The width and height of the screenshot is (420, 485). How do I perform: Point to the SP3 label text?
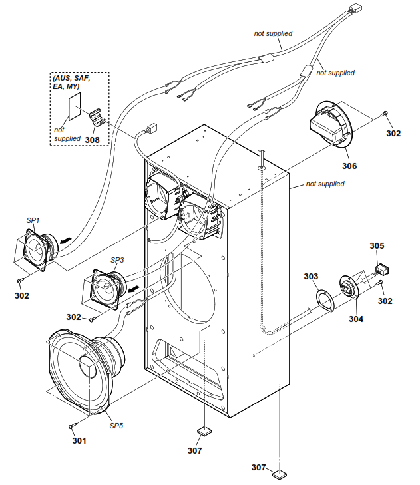tap(117, 259)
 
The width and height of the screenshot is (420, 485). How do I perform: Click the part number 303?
tap(311, 276)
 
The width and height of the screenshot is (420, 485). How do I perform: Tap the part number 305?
tap(377, 246)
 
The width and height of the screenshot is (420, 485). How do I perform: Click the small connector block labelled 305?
tap(383, 269)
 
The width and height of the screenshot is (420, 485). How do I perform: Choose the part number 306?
tap(349, 166)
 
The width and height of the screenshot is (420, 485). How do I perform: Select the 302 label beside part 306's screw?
tap(394, 133)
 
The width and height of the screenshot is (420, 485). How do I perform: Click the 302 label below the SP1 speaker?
tap(22, 295)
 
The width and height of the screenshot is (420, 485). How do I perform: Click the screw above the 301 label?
tap(72, 424)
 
